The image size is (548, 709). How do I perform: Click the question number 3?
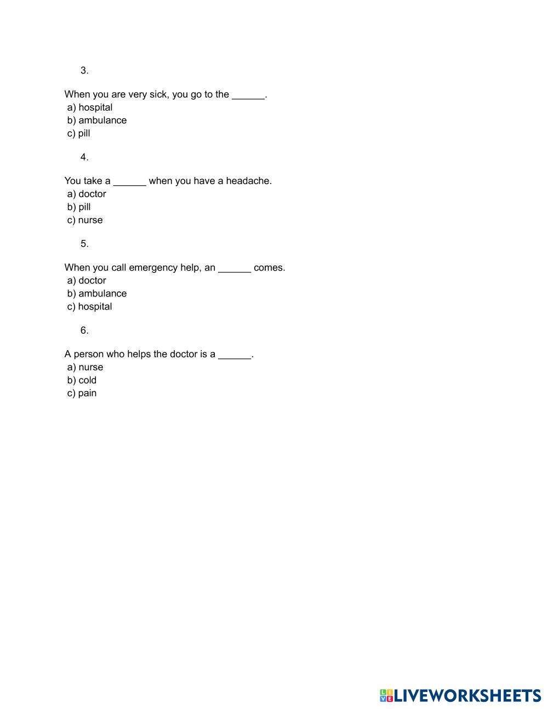click(84, 71)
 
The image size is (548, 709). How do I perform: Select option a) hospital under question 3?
click(90, 107)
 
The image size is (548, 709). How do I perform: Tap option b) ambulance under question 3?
click(97, 121)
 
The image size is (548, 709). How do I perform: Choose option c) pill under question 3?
click(79, 134)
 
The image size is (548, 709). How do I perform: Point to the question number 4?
click(84, 157)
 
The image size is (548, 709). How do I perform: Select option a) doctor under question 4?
click(87, 194)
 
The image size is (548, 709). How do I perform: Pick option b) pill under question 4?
click(79, 207)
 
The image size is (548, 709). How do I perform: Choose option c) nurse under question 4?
click(85, 220)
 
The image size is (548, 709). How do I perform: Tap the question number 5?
click(84, 244)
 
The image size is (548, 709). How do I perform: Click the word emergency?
click(153, 268)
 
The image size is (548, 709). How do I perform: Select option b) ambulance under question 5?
click(97, 294)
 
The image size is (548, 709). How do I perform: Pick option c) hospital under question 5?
click(90, 307)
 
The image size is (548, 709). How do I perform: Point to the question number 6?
click(84, 330)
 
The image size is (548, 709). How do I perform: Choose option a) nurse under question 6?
click(85, 367)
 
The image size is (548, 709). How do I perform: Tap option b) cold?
click(82, 380)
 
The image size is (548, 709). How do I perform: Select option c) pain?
click(82, 393)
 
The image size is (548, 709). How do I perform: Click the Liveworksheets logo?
click(460, 696)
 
